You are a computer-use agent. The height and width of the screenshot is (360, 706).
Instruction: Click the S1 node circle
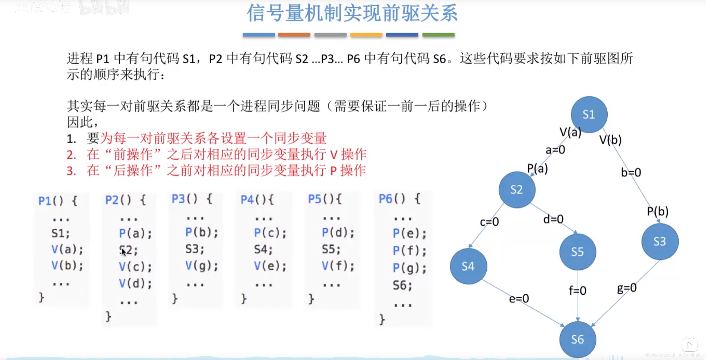point(589,114)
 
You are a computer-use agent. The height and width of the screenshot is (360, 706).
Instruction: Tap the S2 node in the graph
point(517,190)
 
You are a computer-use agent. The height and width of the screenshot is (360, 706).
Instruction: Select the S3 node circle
point(660,241)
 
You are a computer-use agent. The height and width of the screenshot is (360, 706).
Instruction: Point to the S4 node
point(468,266)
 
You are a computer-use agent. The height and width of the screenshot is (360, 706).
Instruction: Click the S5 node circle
point(577,252)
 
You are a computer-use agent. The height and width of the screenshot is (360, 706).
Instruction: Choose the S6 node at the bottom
point(577,339)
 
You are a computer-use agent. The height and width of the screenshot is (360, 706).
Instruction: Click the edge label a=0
point(555,150)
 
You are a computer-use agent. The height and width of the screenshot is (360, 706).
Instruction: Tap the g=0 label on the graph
point(627,288)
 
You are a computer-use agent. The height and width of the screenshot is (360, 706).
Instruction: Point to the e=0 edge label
point(519,298)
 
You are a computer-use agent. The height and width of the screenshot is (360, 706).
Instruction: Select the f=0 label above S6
point(577,290)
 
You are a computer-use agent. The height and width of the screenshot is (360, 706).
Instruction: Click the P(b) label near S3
point(658,212)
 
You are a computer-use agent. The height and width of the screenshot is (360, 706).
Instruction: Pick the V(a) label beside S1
point(570,132)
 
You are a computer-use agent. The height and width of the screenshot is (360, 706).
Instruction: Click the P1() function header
point(58,201)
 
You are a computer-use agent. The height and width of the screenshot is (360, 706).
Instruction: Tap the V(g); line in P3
point(202,266)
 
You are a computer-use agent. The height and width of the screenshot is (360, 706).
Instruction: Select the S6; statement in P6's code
point(402,285)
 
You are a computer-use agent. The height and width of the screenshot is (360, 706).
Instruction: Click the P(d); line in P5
point(338,233)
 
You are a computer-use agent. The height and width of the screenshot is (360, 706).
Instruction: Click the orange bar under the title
point(294,35)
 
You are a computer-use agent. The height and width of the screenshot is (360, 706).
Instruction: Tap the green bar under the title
point(438,35)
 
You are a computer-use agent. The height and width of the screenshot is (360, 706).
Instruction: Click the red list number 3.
point(71,171)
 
